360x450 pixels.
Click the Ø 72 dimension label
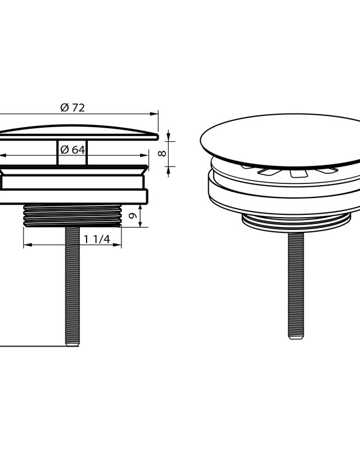point(73,107)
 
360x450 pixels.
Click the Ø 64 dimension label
point(73,150)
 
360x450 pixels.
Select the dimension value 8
point(163,154)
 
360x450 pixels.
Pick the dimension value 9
point(132,215)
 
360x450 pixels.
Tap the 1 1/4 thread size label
point(97,239)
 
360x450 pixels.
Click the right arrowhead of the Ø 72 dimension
point(155,114)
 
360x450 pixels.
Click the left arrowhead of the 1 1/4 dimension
point(28,245)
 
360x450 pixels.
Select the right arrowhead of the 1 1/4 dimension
point(117,245)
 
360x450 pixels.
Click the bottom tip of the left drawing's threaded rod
point(72,345)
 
